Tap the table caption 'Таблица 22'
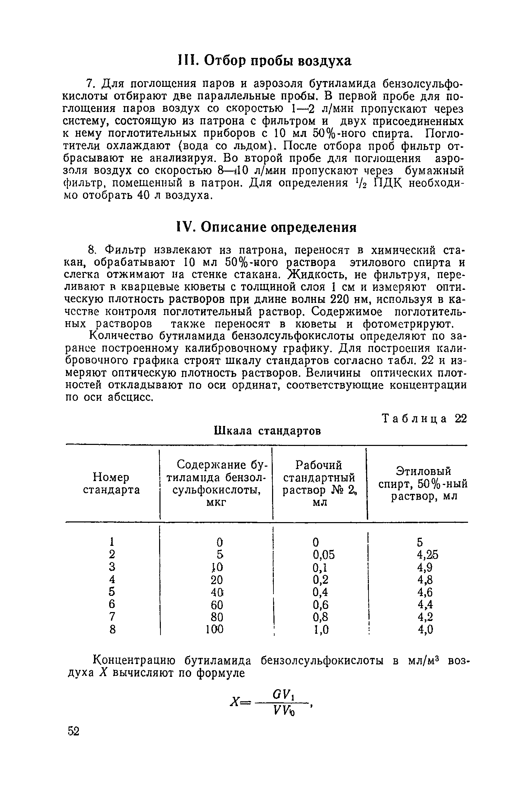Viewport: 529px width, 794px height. pyautogui.click(x=425, y=419)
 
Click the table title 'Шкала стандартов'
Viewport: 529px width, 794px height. pyautogui.click(x=268, y=431)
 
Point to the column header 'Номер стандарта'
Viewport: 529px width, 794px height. pyautogui.click(x=112, y=484)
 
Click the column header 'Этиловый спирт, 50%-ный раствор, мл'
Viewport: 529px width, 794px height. pyautogui.click(x=423, y=484)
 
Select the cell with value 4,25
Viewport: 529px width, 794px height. pyautogui.click(x=427, y=554)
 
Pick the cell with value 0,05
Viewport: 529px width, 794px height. pyautogui.click(x=324, y=554)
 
